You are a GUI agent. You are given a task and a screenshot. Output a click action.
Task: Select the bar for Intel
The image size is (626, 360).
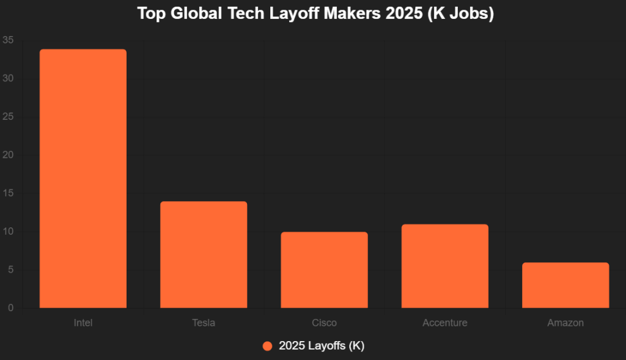[x=83, y=178]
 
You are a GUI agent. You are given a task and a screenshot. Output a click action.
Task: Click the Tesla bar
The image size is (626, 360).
[x=204, y=254]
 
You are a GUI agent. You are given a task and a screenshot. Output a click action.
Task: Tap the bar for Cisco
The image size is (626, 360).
[x=324, y=270]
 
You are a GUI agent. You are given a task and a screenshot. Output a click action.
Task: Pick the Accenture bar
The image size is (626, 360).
[x=445, y=266]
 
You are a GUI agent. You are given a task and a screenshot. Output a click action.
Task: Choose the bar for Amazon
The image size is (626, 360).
[x=565, y=285]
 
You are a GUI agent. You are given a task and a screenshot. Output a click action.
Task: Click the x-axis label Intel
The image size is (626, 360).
[x=83, y=323]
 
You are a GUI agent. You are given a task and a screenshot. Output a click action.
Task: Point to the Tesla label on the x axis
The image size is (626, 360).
[x=204, y=323]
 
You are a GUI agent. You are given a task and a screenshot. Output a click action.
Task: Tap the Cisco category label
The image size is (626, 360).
[x=324, y=323]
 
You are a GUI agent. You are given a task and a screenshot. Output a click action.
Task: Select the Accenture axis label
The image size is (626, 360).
[x=445, y=323]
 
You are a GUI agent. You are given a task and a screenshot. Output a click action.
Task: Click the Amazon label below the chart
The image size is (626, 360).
[x=565, y=323]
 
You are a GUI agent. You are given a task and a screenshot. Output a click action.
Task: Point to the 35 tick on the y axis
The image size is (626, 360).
[x=8, y=41]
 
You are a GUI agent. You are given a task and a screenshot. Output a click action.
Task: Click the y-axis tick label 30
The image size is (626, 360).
[x=8, y=79]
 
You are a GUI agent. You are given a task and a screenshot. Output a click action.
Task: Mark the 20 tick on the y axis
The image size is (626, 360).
[x=8, y=155]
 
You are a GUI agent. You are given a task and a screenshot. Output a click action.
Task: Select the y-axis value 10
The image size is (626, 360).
[x=8, y=232]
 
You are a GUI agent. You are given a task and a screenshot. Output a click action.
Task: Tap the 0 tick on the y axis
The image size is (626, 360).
[x=10, y=308]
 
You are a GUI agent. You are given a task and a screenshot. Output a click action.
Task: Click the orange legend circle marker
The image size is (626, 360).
[x=267, y=346]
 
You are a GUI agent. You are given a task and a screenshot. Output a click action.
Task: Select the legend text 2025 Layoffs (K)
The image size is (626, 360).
[x=322, y=346]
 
